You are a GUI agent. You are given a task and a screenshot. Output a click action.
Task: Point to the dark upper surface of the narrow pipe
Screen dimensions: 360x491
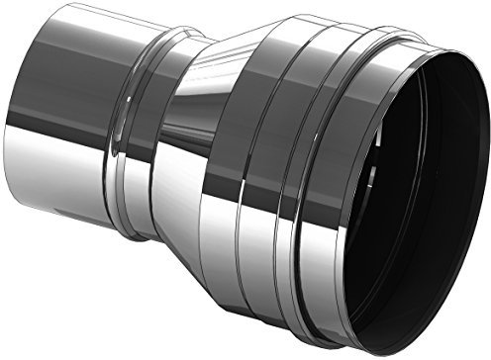(x=69, y=59)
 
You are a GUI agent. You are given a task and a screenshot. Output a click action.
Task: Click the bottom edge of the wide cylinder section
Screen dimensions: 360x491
(x=297, y=316)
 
